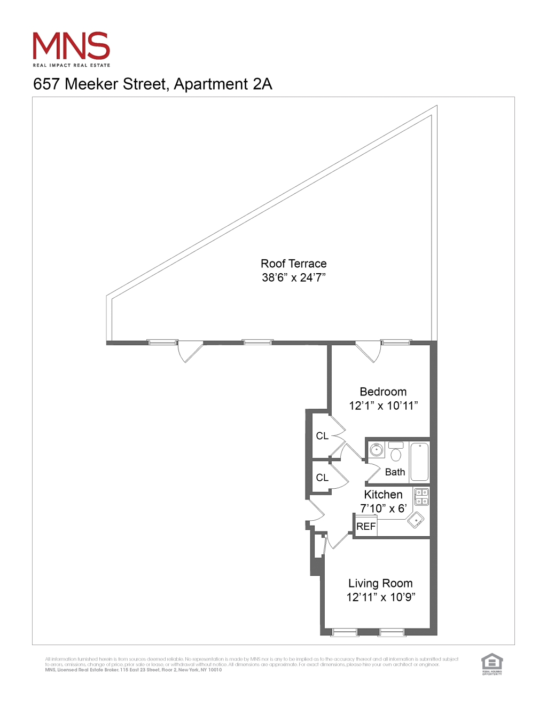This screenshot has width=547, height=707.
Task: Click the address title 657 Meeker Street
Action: (x=153, y=84)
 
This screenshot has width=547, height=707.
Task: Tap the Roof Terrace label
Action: (x=293, y=264)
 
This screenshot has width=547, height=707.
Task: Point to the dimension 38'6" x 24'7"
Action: (x=293, y=277)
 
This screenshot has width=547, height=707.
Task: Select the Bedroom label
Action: (x=383, y=392)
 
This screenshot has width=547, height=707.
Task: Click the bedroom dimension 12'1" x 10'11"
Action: (x=383, y=406)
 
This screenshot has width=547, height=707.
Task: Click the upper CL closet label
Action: (x=322, y=436)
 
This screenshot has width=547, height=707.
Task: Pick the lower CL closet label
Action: (x=322, y=478)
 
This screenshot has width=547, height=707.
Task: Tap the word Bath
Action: (x=395, y=472)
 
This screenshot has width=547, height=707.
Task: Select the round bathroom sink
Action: (x=377, y=450)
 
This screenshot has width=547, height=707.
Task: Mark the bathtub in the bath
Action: (x=420, y=462)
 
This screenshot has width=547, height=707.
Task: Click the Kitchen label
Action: (x=383, y=495)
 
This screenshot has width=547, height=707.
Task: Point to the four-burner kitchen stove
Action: (x=421, y=497)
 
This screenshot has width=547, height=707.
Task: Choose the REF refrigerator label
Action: (x=366, y=527)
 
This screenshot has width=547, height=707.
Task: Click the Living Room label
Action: (x=380, y=583)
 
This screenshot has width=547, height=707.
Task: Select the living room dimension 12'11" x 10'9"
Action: (x=380, y=597)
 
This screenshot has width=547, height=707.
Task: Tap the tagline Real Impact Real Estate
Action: (x=72, y=66)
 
